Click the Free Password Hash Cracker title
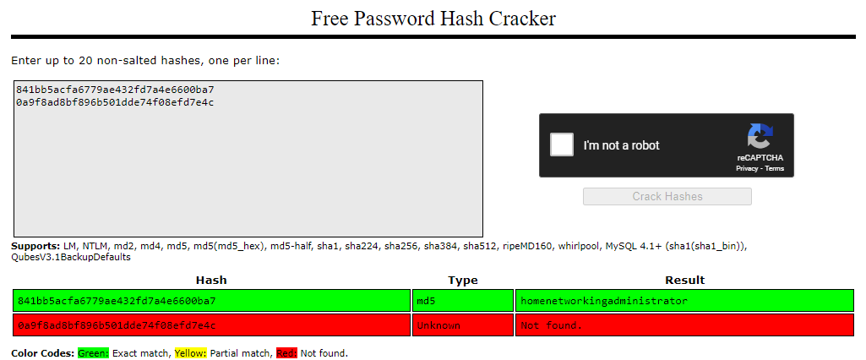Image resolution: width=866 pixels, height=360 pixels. point(433,19)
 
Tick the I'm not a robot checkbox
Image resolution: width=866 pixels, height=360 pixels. point(562,145)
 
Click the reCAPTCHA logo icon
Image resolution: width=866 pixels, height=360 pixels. point(760,136)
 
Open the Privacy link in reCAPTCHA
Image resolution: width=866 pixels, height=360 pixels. point(747,168)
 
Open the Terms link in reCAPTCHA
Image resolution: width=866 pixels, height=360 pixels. point(774,168)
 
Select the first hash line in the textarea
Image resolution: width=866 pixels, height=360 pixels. point(115,90)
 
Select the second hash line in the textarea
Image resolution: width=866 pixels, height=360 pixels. point(115,102)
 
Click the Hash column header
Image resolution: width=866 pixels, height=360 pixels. point(211,281)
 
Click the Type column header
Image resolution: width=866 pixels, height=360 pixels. point(463,281)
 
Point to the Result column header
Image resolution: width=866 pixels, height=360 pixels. point(685,281)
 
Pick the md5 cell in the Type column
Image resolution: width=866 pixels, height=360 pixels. point(463,301)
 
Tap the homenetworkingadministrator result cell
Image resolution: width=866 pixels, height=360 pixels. point(684,301)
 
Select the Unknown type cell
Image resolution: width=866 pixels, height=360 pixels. point(463,325)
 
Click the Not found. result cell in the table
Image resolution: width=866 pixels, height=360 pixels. point(684,325)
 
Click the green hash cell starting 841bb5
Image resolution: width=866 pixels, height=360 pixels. point(211,301)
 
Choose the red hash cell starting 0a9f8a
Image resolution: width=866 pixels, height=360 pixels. point(211,325)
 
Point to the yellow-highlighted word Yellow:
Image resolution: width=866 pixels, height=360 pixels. point(191,353)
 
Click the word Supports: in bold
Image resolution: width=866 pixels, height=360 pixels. point(35,246)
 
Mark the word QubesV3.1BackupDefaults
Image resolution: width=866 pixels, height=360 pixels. point(71,257)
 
